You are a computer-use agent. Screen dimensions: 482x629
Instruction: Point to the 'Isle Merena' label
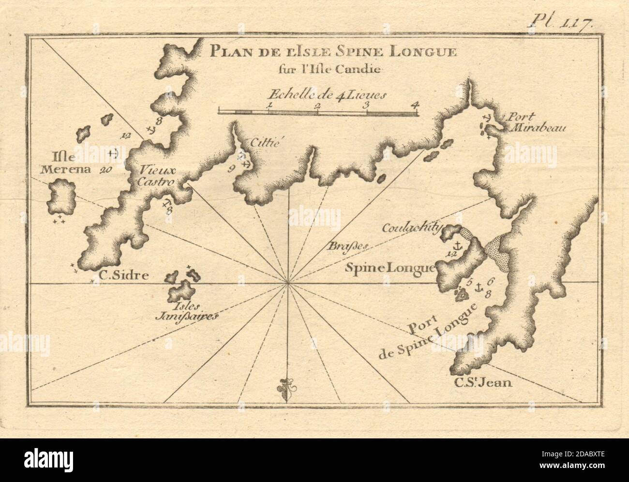66,163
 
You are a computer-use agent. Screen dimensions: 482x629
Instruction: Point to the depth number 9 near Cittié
231,168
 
